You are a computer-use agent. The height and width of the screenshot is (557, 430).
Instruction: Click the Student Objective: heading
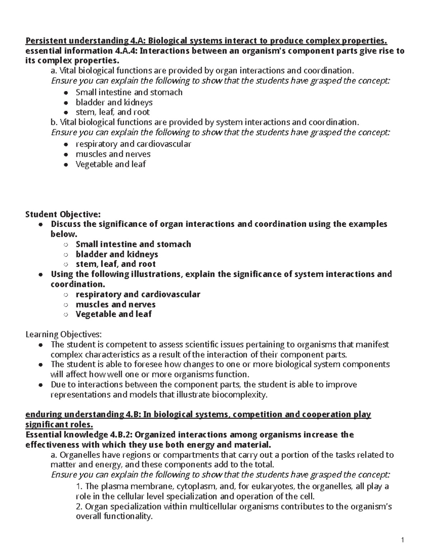click(x=63, y=214)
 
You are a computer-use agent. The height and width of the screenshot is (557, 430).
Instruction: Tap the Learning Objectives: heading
click(x=64, y=335)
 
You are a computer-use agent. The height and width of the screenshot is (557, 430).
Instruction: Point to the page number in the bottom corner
click(x=402, y=541)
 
